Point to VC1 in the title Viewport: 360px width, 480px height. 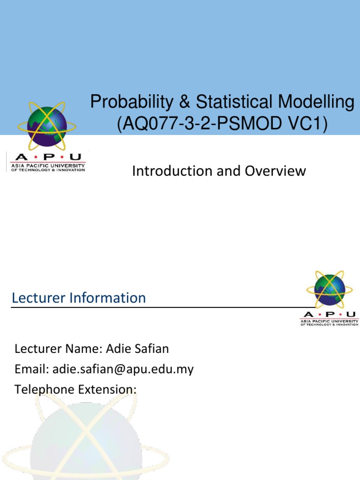coord(305,125)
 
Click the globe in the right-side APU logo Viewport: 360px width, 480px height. coord(330,290)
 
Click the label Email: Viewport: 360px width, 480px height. coord(32,369)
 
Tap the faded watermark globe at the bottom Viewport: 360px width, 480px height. coord(80,441)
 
